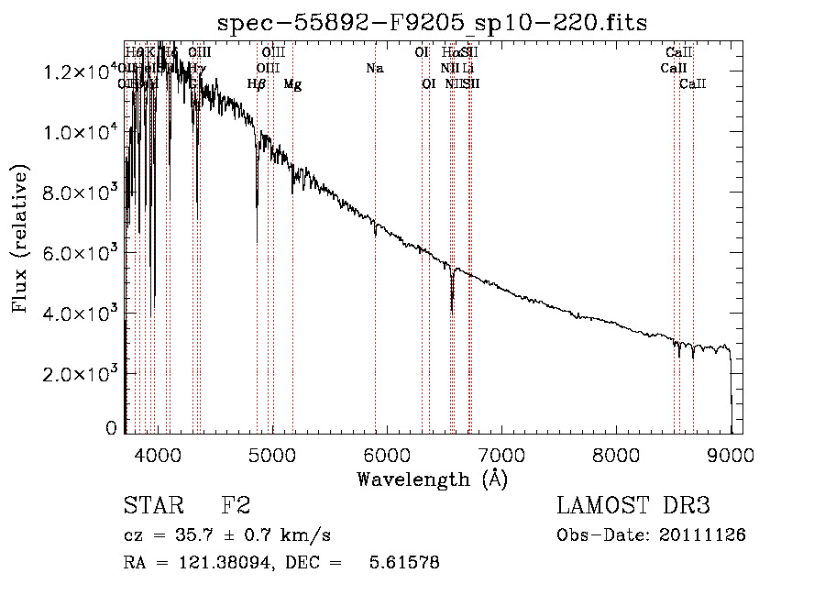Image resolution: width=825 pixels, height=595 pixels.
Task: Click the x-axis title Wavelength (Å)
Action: point(432,479)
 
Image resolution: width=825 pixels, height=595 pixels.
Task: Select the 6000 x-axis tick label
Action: point(387,455)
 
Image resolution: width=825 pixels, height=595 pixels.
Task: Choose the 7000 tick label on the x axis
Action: point(501,455)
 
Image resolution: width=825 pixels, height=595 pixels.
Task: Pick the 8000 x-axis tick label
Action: point(616,455)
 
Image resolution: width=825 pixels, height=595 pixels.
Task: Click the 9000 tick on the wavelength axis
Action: point(731,455)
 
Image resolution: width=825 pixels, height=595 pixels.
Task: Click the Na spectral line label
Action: point(374,69)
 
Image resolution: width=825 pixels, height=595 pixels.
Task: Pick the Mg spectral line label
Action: point(292,84)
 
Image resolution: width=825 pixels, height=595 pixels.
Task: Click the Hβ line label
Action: point(257,84)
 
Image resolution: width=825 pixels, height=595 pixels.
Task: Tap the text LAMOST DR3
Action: point(632,506)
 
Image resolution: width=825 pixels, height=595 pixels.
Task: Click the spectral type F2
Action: point(236,506)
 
